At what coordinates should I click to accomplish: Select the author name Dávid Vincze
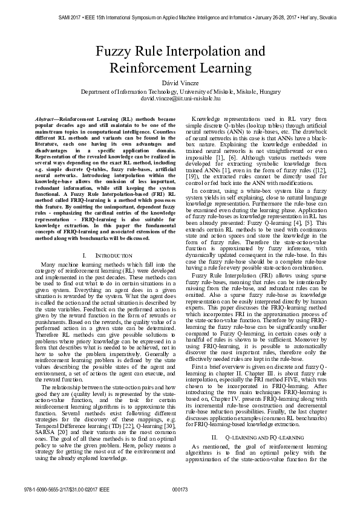click(x=180, y=81)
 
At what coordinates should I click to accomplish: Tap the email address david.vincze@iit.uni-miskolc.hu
click(x=180, y=97)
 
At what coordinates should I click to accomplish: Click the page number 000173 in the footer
click(x=180, y=488)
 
